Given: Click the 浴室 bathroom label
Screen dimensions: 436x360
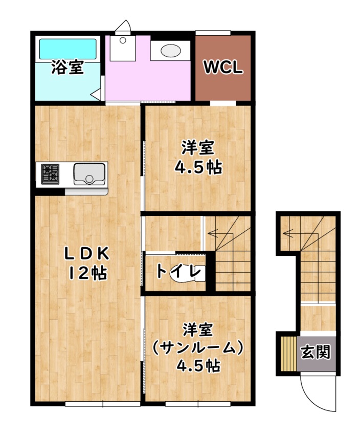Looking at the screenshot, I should (x=67, y=68).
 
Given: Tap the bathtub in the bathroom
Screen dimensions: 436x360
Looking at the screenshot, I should (x=68, y=49).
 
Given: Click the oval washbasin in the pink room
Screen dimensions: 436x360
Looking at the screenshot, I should (x=170, y=51).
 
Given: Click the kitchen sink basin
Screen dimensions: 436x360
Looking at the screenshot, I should (x=89, y=173).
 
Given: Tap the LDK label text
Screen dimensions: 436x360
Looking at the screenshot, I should (x=86, y=253).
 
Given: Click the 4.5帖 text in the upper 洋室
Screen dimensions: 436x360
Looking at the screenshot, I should (x=198, y=167).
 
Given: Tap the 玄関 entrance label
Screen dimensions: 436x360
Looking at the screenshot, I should (x=315, y=352).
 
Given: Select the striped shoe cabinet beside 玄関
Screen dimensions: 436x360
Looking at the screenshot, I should (x=289, y=352).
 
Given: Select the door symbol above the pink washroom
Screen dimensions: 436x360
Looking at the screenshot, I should (x=123, y=26).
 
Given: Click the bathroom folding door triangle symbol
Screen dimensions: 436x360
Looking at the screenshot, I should (x=97, y=94).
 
